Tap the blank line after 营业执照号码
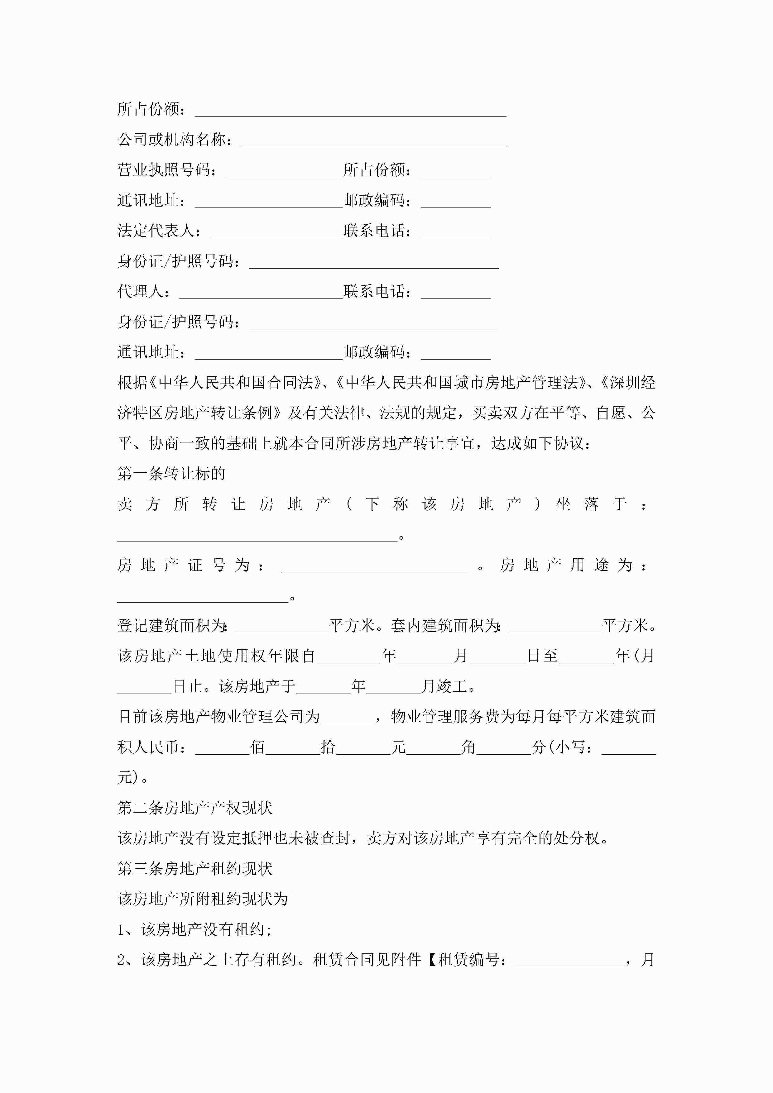pyautogui.click(x=284, y=171)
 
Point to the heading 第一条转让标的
pyautogui.click(x=171, y=474)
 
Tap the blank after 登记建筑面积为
pyautogui.click(x=281, y=627)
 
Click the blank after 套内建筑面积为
pyautogui.click(x=555, y=627)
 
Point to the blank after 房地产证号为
pyautogui.click(x=375, y=566)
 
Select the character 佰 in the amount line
pyautogui.click(x=258, y=747)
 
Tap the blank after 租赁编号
pyautogui.click(x=570, y=960)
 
